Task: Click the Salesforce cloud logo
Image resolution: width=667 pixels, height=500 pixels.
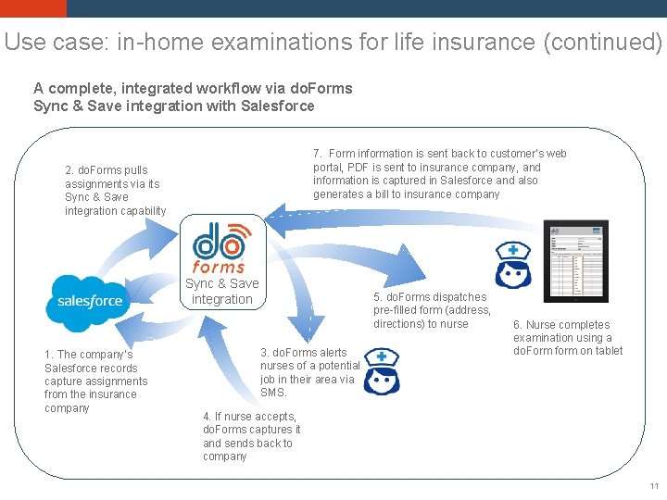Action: [90, 302]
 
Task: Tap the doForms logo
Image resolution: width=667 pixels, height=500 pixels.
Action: [219, 246]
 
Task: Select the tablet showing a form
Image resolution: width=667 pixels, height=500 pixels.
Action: [574, 261]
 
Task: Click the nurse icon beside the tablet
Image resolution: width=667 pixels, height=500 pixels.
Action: [511, 267]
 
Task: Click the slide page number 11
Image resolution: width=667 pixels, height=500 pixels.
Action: [654, 486]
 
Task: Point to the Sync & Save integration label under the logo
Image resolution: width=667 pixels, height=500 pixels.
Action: [221, 292]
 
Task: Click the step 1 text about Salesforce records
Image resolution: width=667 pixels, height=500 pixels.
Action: [95, 381]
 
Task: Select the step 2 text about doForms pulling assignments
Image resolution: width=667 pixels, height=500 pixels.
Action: [115, 191]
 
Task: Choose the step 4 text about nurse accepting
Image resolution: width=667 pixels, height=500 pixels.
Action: [251, 436]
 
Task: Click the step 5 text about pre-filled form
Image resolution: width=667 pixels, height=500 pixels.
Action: [432, 310]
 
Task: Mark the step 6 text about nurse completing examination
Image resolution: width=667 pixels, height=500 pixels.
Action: [568, 338]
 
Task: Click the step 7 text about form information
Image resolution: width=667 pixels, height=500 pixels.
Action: [439, 173]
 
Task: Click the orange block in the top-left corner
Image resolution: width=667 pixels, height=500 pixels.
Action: [33, 8]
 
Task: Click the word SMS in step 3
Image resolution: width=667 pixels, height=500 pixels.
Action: [274, 393]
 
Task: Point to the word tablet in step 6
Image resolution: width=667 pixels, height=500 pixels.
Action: [607, 351]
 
